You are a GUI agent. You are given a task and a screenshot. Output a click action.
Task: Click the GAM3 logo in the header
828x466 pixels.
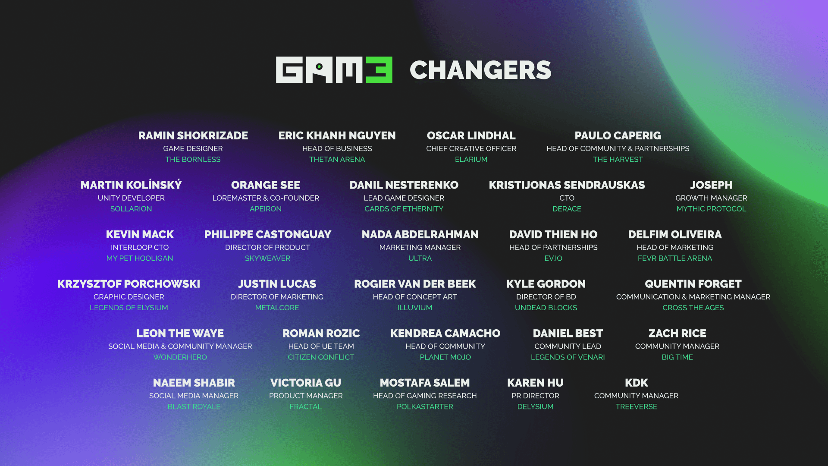(x=334, y=70)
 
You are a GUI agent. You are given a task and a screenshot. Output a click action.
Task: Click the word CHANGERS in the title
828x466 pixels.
(x=480, y=70)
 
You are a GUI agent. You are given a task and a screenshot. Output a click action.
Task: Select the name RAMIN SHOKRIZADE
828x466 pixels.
(x=193, y=135)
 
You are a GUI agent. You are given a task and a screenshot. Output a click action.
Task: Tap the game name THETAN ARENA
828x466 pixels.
(x=337, y=159)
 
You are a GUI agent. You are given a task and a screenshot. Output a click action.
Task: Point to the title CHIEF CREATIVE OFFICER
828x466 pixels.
(x=471, y=148)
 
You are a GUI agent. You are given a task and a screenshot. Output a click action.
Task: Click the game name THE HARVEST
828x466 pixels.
(x=618, y=159)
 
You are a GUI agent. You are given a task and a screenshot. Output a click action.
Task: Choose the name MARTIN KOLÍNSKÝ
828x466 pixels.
(x=131, y=185)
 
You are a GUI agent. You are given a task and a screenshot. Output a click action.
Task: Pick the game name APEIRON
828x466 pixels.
(x=266, y=209)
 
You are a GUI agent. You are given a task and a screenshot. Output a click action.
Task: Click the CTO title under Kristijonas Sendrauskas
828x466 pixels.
(x=567, y=198)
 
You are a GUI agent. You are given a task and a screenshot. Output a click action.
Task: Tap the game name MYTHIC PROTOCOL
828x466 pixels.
(x=711, y=209)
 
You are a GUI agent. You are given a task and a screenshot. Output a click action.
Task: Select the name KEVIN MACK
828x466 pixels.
(x=140, y=234)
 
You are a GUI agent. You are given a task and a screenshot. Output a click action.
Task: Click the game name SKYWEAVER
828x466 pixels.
(x=267, y=258)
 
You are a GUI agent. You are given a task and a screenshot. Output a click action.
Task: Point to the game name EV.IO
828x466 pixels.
(x=553, y=258)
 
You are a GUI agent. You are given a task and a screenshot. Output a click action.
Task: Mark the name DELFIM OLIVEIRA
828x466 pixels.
(x=675, y=234)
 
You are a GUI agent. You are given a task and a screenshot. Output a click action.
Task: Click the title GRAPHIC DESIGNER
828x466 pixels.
(x=129, y=297)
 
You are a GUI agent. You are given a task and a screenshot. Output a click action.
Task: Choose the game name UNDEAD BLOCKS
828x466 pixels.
(x=546, y=308)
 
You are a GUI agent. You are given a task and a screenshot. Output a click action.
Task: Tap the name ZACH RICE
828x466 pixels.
(x=677, y=334)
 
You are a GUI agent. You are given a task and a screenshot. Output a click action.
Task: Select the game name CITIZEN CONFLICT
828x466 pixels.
(x=321, y=357)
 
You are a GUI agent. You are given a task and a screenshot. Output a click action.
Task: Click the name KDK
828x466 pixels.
(x=636, y=383)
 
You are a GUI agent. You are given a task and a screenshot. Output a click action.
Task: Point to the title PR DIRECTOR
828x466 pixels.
(x=535, y=396)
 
